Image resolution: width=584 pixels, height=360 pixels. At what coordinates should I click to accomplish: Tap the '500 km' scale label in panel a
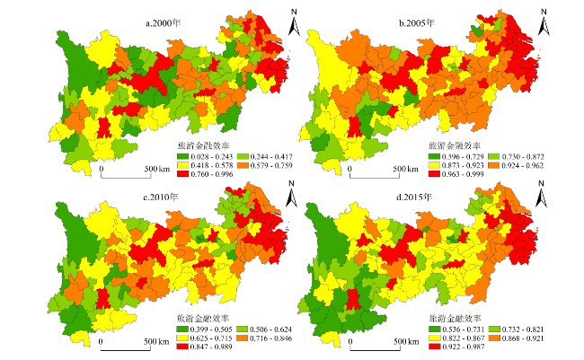[x=157, y=169]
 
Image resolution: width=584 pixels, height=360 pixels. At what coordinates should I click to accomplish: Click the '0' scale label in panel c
[x=102, y=341]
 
